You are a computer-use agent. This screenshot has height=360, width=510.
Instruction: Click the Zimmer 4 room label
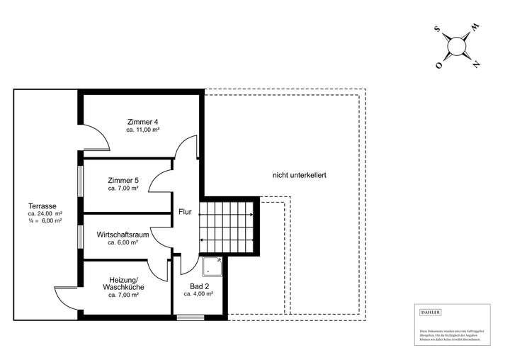click(142, 121)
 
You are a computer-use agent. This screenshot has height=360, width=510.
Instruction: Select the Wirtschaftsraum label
click(123, 233)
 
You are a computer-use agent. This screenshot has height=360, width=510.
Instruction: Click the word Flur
click(185, 211)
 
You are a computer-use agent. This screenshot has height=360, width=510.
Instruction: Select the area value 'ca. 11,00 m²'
click(142, 130)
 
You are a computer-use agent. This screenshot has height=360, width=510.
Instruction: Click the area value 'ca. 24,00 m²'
click(45, 213)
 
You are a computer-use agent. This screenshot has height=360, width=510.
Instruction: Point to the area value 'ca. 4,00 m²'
click(198, 294)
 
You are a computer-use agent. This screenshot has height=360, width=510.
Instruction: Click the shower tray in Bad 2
click(212, 267)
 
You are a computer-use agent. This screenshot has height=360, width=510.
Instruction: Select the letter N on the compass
click(477, 65)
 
